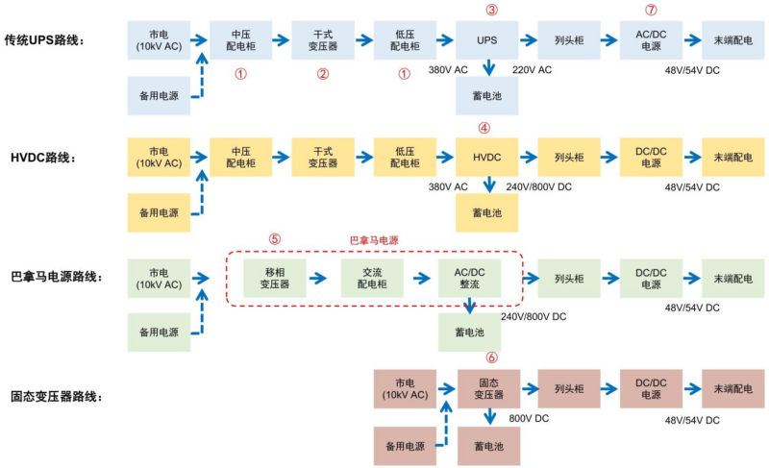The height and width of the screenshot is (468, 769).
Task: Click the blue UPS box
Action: pyautogui.click(x=487, y=39)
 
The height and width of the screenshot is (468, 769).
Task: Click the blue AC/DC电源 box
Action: pyautogui.click(x=651, y=39)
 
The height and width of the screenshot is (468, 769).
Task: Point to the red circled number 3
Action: pyautogui.click(x=491, y=10)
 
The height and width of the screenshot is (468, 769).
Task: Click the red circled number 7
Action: pyautogui.click(x=651, y=10)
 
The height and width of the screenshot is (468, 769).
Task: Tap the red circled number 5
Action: pyautogui.click(x=275, y=238)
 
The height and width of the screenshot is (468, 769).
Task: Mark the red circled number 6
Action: pyautogui.click(x=491, y=357)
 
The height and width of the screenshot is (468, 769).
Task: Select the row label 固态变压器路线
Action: pyautogui.click(x=57, y=396)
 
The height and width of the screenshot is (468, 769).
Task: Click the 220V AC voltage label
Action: pyautogui.click(x=532, y=70)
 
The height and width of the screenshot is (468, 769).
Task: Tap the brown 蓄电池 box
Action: pyautogui.click(x=487, y=447)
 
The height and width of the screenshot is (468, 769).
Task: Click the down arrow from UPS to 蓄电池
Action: pyautogui.click(x=489, y=67)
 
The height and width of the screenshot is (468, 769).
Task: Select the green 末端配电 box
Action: pyautogui.click(x=732, y=279)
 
